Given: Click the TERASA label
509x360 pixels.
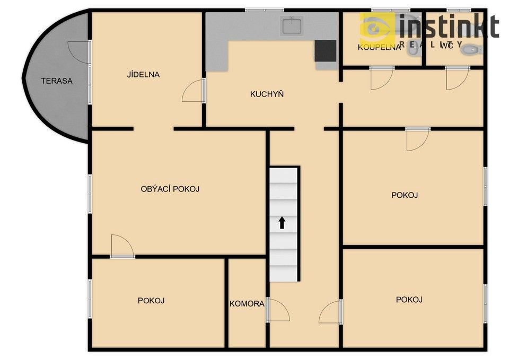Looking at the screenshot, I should coord(57,81).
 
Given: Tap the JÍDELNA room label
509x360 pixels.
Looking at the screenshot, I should coord(143,75).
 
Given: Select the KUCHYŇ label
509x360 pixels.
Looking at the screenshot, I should coord(267,94).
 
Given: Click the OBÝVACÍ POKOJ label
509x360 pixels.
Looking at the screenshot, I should coord(170,189).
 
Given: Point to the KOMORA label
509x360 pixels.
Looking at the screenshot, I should coord(247,304).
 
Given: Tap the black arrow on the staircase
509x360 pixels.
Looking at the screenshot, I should coord(282,223).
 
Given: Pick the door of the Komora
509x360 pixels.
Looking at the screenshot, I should coord(277,310).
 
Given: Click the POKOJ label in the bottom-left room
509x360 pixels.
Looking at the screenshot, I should coord(151,301).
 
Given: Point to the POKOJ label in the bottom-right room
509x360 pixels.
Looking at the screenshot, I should coord(409,300).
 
